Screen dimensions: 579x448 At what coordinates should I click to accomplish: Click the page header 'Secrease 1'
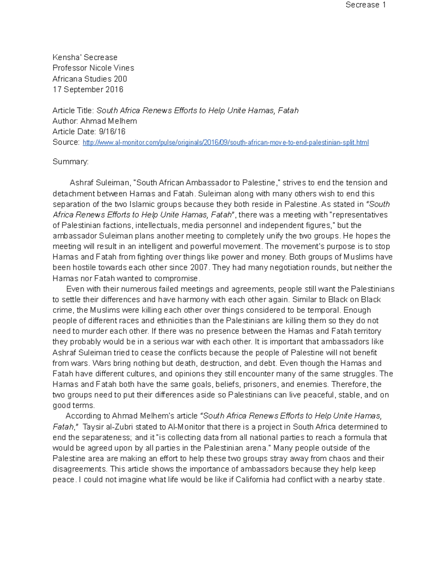tap(365, 5)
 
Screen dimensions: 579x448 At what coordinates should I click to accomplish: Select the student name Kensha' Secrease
tap(85, 57)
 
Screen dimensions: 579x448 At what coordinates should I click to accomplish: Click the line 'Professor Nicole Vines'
tap(93, 68)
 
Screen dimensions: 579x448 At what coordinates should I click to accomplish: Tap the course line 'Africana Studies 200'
tap(90, 79)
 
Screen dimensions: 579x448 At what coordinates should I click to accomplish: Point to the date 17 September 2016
tap(88, 89)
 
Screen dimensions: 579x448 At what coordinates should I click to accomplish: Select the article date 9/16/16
tap(112, 132)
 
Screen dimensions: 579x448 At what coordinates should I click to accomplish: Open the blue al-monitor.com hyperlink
tap(225, 142)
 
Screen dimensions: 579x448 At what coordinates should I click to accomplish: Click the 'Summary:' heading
tap(71, 162)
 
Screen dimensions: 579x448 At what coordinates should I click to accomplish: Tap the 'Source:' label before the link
tap(66, 142)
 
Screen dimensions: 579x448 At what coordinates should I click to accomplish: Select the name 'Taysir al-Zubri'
tap(108, 427)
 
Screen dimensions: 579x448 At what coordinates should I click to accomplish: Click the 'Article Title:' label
tap(73, 111)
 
